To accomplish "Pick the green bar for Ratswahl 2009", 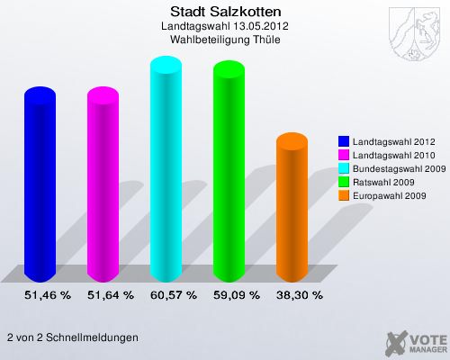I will [x=236, y=171].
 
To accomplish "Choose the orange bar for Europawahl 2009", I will [x=299, y=207].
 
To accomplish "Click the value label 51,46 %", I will [x=47, y=294].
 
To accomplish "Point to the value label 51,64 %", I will [x=110, y=294].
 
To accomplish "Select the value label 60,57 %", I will [x=173, y=294].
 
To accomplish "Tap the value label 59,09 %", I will [x=236, y=294].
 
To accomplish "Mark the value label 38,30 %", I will [x=299, y=294].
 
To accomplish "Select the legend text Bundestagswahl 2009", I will [x=399, y=168].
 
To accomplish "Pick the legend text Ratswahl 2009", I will [x=384, y=182].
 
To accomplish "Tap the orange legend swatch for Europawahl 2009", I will [x=344, y=195].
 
